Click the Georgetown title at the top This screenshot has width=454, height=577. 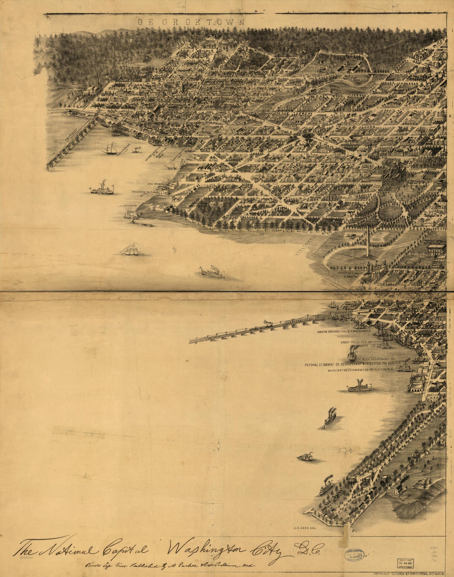click(191, 22)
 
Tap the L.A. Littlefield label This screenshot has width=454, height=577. click(127, 205)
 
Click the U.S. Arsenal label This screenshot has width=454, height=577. click(305, 528)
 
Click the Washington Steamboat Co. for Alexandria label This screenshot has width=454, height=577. click(360, 370)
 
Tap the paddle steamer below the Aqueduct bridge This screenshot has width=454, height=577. click(102, 189)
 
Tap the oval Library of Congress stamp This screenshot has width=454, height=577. click(355, 555)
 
